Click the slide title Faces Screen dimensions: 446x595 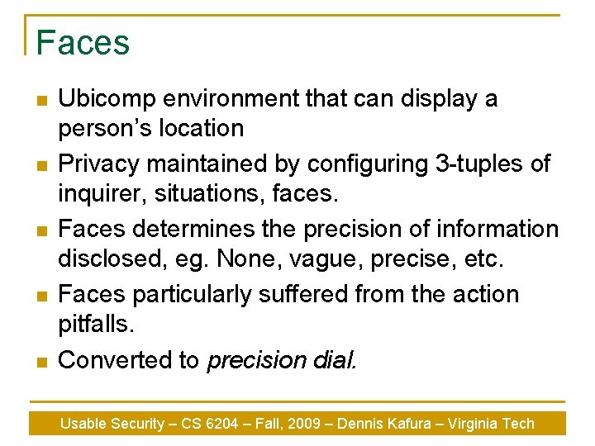[x=83, y=42]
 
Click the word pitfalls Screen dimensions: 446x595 [x=95, y=325]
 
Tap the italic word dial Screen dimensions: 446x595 [x=337, y=360]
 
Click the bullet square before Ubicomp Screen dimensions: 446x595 [x=42, y=101]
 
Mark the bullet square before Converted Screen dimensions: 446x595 [x=42, y=362]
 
